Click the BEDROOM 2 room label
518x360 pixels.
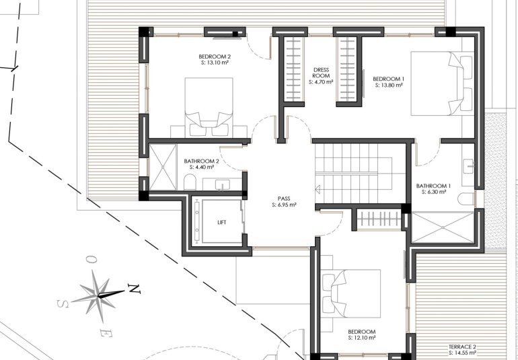(215, 56)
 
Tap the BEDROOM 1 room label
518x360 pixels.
(388, 79)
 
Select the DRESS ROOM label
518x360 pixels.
(321, 73)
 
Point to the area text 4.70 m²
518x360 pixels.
(321, 82)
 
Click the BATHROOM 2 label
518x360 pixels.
(202, 161)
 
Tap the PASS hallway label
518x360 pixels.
(283, 199)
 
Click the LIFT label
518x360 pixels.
(222, 221)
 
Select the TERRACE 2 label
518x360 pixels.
(463, 346)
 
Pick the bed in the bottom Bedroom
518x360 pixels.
(351, 295)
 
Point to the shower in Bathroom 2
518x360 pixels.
(161, 167)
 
